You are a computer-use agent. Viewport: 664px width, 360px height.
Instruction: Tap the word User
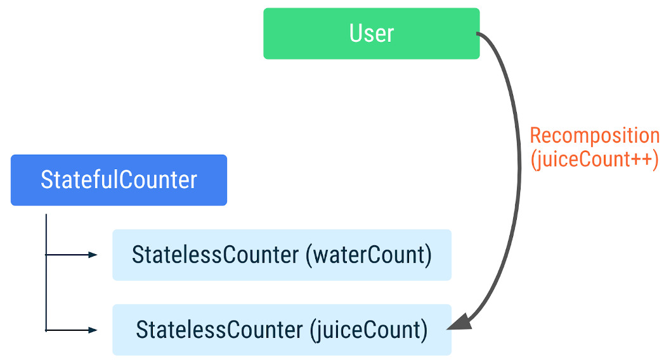click(x=371, y=34)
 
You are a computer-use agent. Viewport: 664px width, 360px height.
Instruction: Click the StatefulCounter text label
click(x=119, y=180)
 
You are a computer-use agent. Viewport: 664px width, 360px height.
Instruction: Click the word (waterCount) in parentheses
click(x=368, y=255)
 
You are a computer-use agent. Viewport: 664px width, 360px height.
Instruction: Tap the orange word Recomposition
click(x=594, y=136)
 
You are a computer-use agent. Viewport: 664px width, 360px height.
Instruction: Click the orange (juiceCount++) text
click(x=594, y=159)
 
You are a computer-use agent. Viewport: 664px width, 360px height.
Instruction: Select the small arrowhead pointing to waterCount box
click(x=93, y=255)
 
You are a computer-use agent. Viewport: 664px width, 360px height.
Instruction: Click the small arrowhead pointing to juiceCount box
click(x=93, y=330)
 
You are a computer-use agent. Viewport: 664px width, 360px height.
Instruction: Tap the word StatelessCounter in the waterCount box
click(x=215, y=255)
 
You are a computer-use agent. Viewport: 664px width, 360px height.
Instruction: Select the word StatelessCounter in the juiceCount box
click(x=219, y=330)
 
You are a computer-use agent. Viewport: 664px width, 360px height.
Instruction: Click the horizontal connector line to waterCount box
click(x=67, y=255)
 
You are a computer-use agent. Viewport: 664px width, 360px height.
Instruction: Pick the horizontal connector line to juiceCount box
click(x=67, y=330)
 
